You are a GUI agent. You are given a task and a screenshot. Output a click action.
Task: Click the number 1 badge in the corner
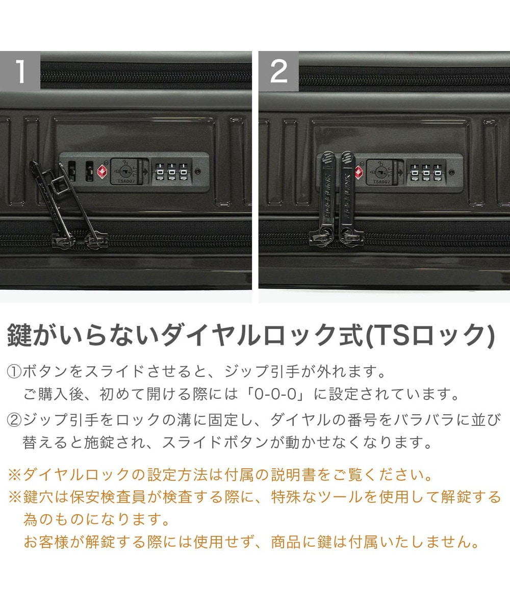click(20, 71)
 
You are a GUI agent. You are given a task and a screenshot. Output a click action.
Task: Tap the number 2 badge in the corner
click(278, 71)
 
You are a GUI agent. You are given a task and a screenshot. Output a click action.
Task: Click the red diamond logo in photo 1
click(102, 171)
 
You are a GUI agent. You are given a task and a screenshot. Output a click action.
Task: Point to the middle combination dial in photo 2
click(425, 173)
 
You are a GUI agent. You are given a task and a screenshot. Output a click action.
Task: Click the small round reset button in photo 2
click(452, 172)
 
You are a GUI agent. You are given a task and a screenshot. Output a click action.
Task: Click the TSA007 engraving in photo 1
click(126, 181)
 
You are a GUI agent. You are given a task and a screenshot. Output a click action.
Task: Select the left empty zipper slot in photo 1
click(71, 171)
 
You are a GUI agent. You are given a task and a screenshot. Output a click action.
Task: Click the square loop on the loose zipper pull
click(59, 187)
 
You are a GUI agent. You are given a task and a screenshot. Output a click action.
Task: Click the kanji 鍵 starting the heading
click(19, 336)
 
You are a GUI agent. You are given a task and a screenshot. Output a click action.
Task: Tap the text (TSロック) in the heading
click(431, 336)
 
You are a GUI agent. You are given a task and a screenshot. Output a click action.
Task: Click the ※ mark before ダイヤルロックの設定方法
click(15, 475)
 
